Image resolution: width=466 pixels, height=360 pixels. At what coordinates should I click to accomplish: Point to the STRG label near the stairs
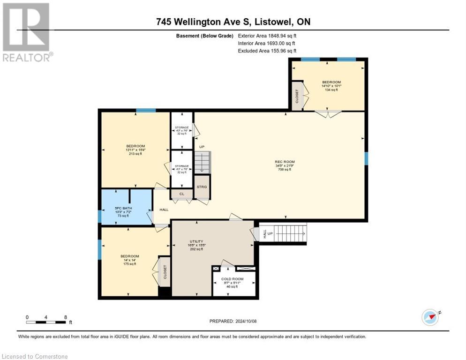(x=202, y=187)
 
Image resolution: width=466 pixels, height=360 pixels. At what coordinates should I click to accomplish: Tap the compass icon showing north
(x=430, y=317)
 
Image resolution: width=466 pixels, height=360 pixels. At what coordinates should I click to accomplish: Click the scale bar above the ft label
(x=46, y=322)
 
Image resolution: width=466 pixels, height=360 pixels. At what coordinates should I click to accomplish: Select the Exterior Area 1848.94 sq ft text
(x=267, y=36)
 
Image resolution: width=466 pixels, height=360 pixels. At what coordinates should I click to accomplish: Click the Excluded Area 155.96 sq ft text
(x=267, y=51)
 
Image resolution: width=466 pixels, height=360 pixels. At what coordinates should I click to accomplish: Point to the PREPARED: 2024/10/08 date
(x=233, y=321)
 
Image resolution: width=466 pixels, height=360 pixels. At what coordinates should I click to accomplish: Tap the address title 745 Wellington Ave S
(x=233, y=22)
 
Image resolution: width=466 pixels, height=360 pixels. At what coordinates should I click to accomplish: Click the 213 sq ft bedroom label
(x=135, y=150)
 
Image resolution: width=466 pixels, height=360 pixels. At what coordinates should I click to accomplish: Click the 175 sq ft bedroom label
(x=129, y=260)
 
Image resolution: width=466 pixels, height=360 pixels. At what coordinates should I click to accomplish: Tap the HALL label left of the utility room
(x=164, y=210)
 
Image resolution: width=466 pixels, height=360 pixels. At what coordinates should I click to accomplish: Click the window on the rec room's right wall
(x=366, y=158)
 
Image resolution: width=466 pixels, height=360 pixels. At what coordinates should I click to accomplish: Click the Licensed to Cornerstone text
(x=35, y=356)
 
